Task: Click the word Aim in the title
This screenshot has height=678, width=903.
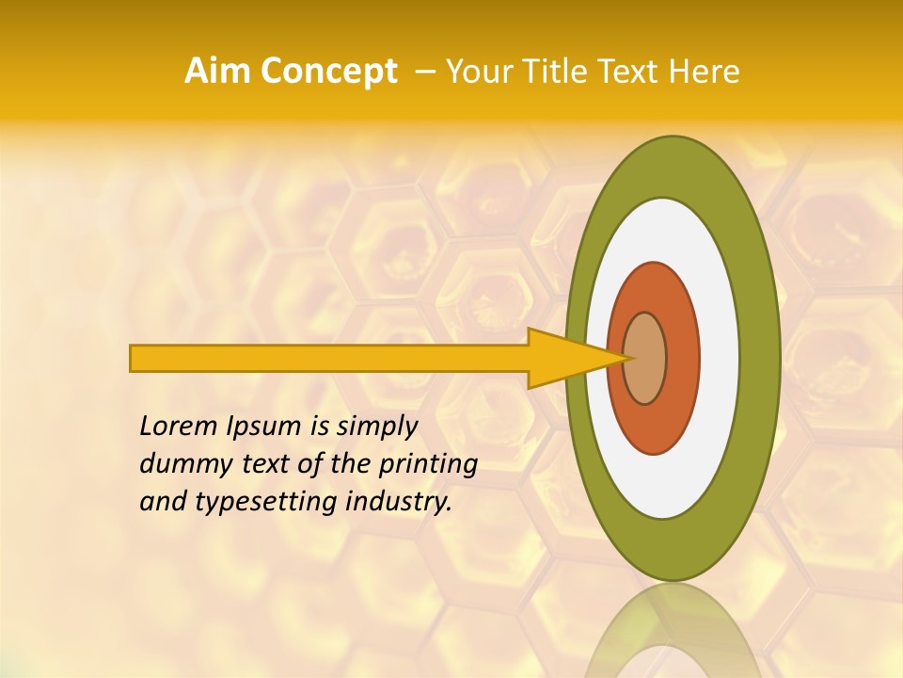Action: coord(218,72)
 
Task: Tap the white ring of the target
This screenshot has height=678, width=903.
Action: coord(720,358)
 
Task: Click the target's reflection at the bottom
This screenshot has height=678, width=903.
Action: coord(673,636)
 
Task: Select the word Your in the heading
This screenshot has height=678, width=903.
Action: coord(477,72)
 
